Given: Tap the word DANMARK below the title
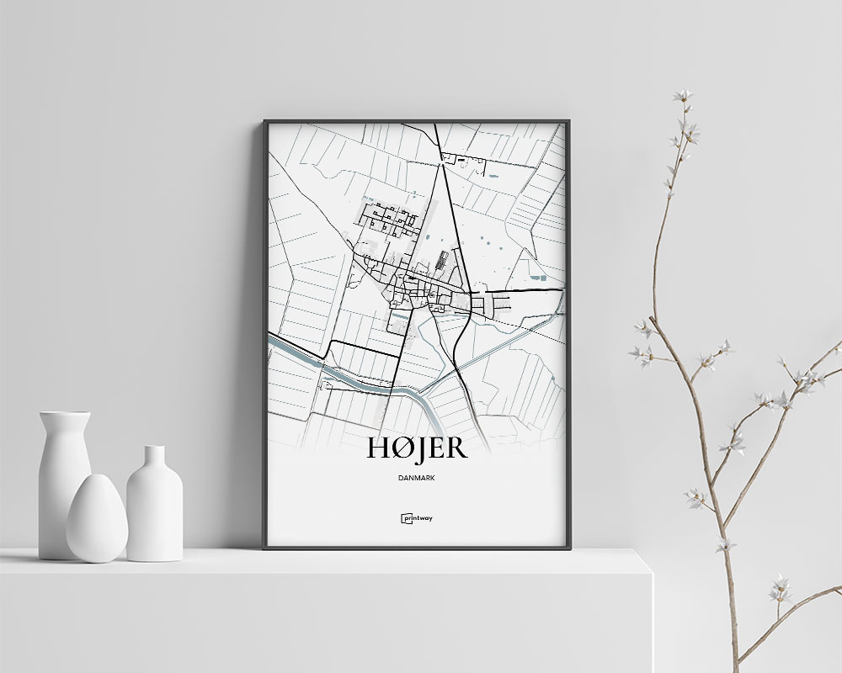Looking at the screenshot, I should [417, 478].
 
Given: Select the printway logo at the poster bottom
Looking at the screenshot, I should [417, 518].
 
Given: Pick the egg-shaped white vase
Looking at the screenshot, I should [97, 520].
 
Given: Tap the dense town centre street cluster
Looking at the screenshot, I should [417, 290].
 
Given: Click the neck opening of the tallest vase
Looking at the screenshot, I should [64, 414].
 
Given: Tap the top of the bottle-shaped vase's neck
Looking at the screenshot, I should [154, 448].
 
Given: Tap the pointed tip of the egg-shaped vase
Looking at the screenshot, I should [96, 477].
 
